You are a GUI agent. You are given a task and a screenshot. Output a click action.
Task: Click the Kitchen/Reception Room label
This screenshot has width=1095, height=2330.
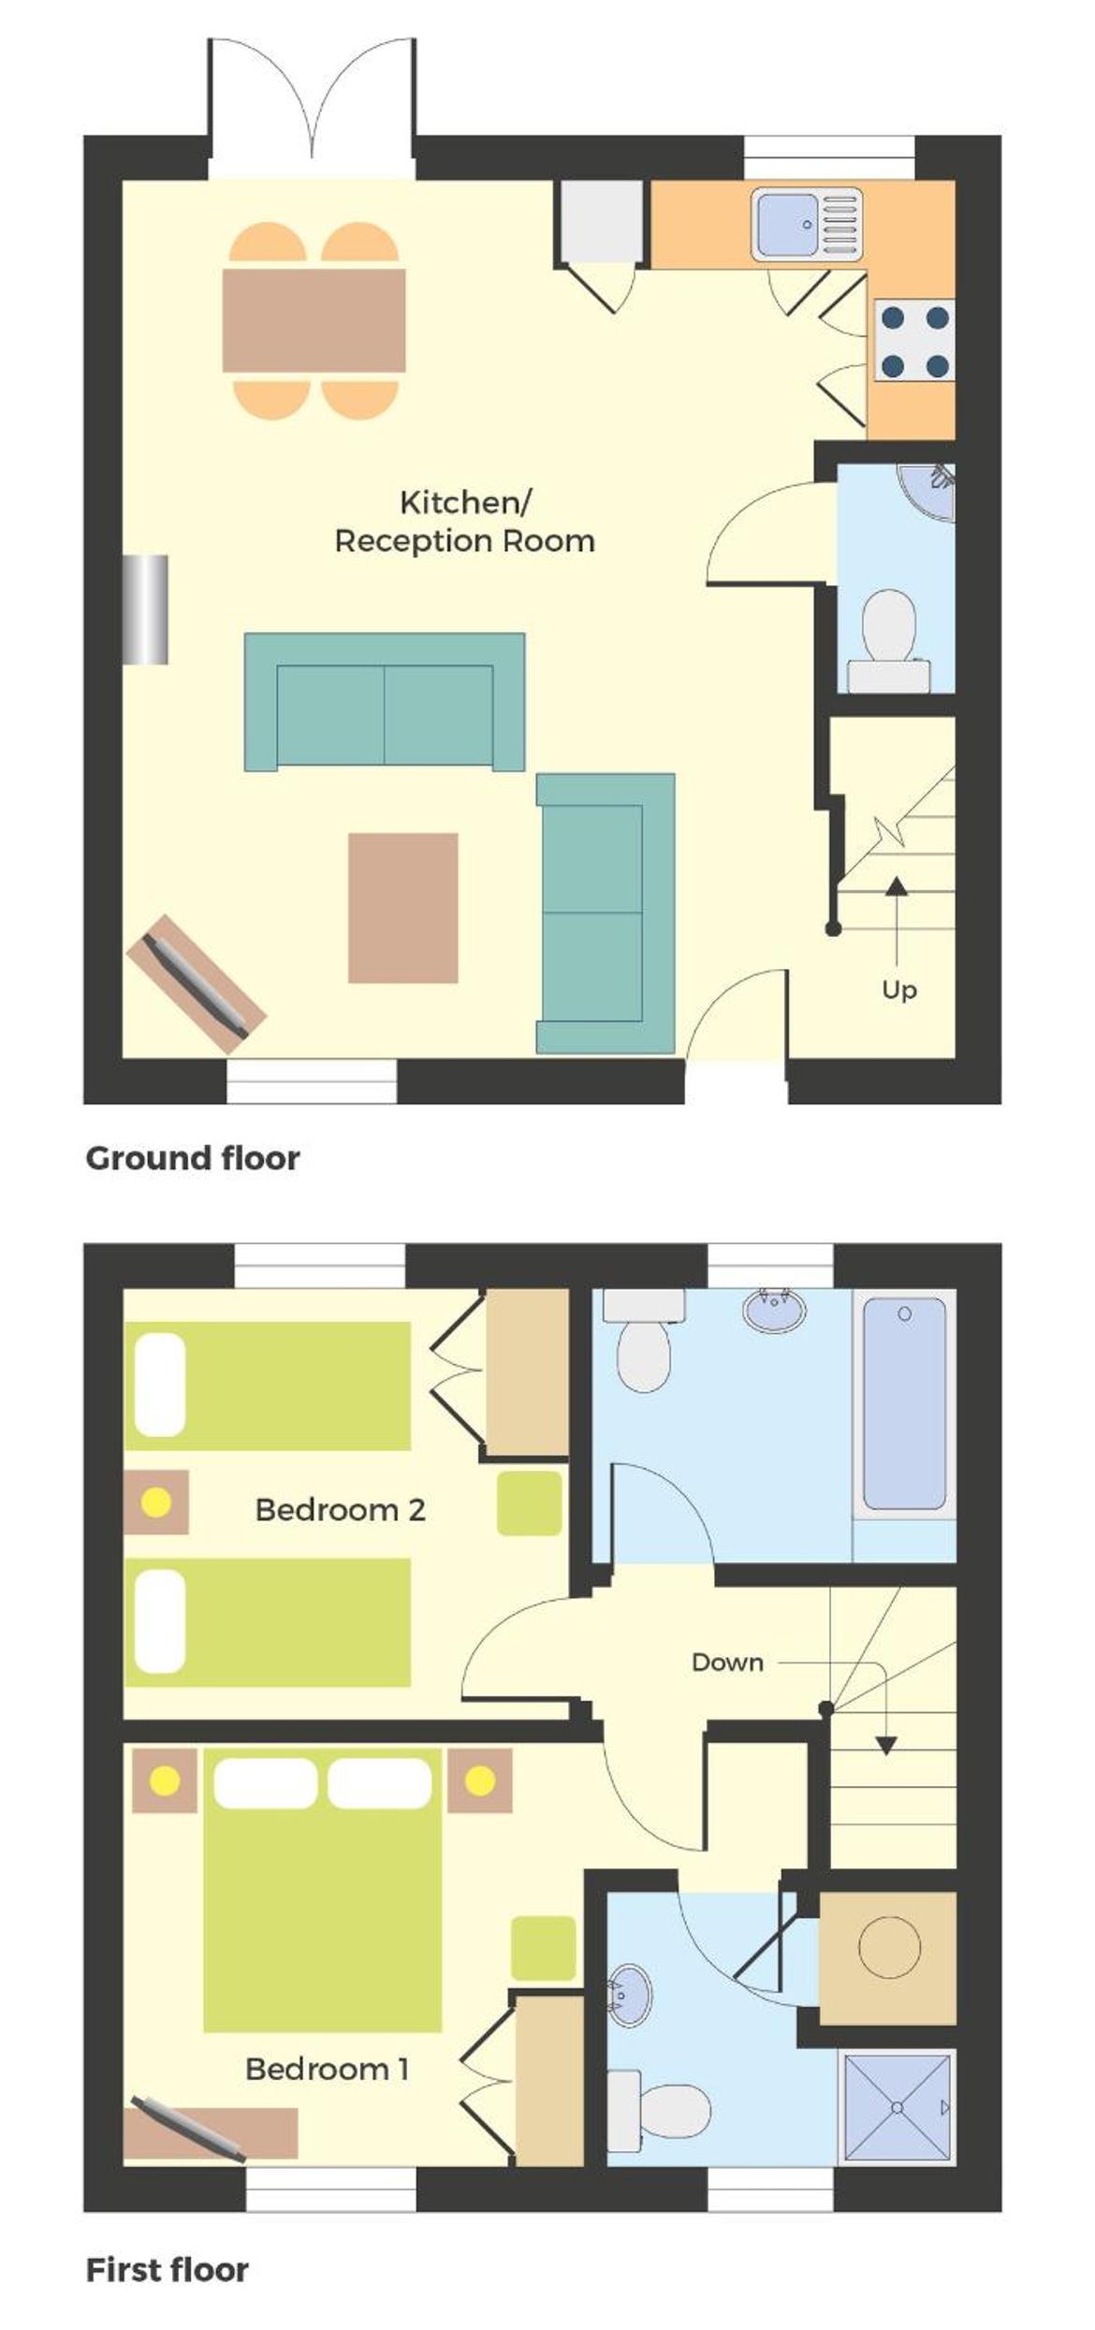(465, 521)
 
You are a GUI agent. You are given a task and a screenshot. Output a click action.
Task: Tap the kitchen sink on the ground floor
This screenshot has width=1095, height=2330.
(807, 224)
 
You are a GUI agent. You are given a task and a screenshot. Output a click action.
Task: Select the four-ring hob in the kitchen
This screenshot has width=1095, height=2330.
(914, 341)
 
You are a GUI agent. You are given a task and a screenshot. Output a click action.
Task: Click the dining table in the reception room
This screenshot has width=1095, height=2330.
(314, 320)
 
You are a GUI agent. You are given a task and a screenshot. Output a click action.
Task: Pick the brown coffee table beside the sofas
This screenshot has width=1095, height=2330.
(403, 907)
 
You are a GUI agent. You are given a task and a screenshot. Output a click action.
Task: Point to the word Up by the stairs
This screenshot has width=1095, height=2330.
(899, 989)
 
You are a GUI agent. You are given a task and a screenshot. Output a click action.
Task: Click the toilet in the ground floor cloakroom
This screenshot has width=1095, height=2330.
(888, 641)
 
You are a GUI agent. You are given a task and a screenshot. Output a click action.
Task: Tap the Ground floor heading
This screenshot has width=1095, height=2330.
(193, 1158)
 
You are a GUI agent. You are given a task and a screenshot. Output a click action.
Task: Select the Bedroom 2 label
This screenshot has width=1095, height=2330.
(340, 1509)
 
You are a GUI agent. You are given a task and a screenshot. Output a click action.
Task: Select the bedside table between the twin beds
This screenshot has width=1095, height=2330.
(156, 1502)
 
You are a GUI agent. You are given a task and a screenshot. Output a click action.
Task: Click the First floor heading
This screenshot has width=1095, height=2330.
(167, 2269)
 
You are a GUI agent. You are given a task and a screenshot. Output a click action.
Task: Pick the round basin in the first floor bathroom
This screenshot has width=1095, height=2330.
(774, 1309)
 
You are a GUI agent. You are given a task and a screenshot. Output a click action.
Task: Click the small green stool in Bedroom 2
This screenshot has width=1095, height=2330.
(529, 1502)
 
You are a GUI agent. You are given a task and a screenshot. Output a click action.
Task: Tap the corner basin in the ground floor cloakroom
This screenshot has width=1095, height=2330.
(930, 490)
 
